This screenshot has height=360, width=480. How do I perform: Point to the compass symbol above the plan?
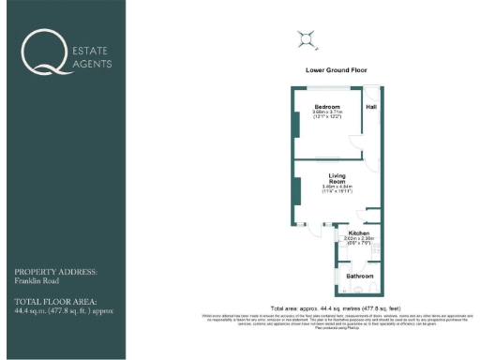[x=306, y=38]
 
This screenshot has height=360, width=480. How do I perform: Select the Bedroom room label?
[x=327, y=106]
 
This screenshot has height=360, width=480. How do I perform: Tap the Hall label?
[x=371, y=107]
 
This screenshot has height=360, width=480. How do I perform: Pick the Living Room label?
[x=337, y=178]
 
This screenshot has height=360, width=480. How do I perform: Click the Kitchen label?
[x=359, y=232]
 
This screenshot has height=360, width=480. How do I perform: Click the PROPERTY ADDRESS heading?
[x=55, y=271]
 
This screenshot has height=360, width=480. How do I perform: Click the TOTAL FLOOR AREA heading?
[x=52, y=299]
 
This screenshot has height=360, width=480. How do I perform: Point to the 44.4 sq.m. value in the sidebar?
[x=33, y=307]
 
